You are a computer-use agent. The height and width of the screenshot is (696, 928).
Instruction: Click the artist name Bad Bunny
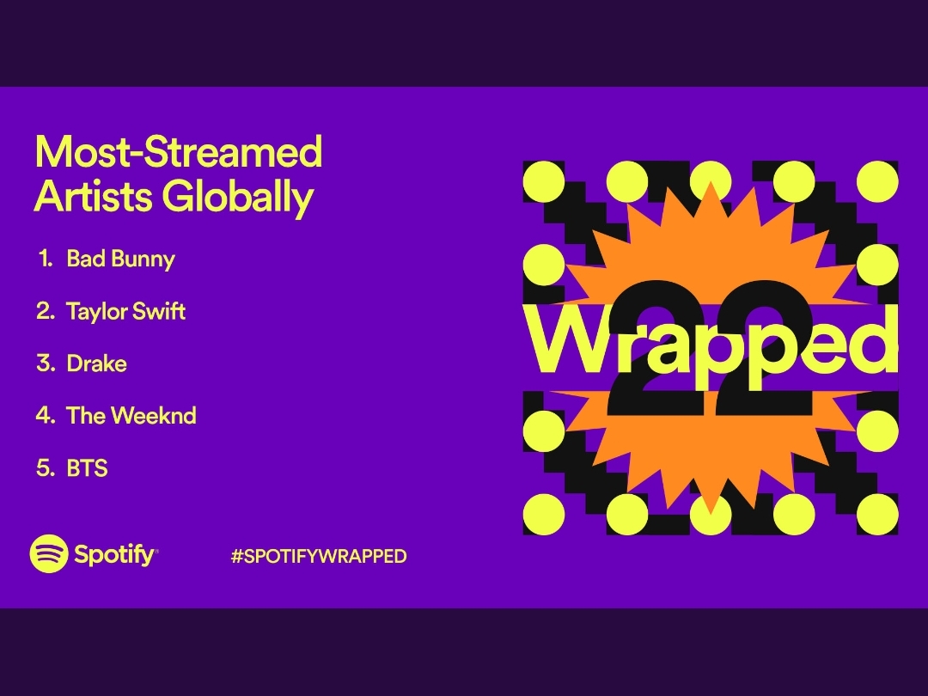coord(121,259)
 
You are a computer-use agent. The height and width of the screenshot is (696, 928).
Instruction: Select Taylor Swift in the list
coord(126,311)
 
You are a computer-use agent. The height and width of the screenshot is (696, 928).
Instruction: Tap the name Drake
coord(96,363)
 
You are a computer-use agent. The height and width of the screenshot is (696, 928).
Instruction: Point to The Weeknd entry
coord(131,416)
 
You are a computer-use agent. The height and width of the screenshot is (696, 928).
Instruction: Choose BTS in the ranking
coord(87,468)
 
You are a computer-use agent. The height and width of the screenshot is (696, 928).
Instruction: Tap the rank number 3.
coord(46,363)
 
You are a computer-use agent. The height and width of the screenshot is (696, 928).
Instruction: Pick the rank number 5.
coord(46,468)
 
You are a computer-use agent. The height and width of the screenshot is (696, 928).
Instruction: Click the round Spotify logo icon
coord(49,554)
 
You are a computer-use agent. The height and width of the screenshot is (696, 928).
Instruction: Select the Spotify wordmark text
coord(116,555)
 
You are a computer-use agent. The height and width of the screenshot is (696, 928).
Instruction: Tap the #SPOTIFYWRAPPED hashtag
coord(319,556)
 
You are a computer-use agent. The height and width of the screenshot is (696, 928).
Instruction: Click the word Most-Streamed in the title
coord(179,151)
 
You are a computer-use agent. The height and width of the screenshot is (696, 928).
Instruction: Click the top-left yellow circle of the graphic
coord(544,181)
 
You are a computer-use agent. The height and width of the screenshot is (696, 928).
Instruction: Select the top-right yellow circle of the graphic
coord(877,181)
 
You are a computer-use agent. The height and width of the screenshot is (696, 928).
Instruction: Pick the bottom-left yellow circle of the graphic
coord(544,515)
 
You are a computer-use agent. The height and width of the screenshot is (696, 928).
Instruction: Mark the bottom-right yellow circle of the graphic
coord(877,515)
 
